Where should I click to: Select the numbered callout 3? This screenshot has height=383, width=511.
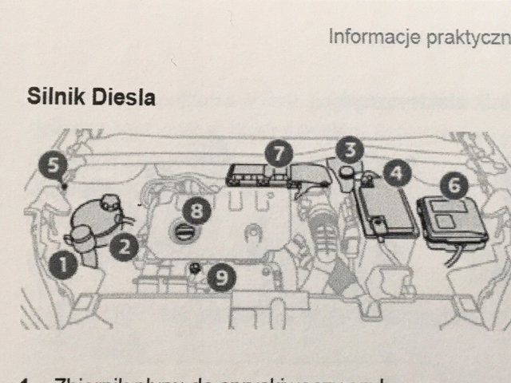350,148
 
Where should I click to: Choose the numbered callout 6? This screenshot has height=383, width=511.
454,186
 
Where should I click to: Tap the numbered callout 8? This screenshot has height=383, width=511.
196,211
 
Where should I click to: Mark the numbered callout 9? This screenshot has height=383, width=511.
222,278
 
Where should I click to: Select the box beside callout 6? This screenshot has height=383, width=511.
450,218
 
